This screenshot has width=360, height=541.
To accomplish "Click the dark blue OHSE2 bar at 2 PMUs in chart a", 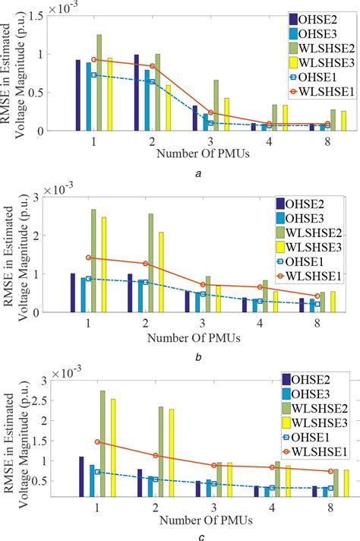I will [137, 93].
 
